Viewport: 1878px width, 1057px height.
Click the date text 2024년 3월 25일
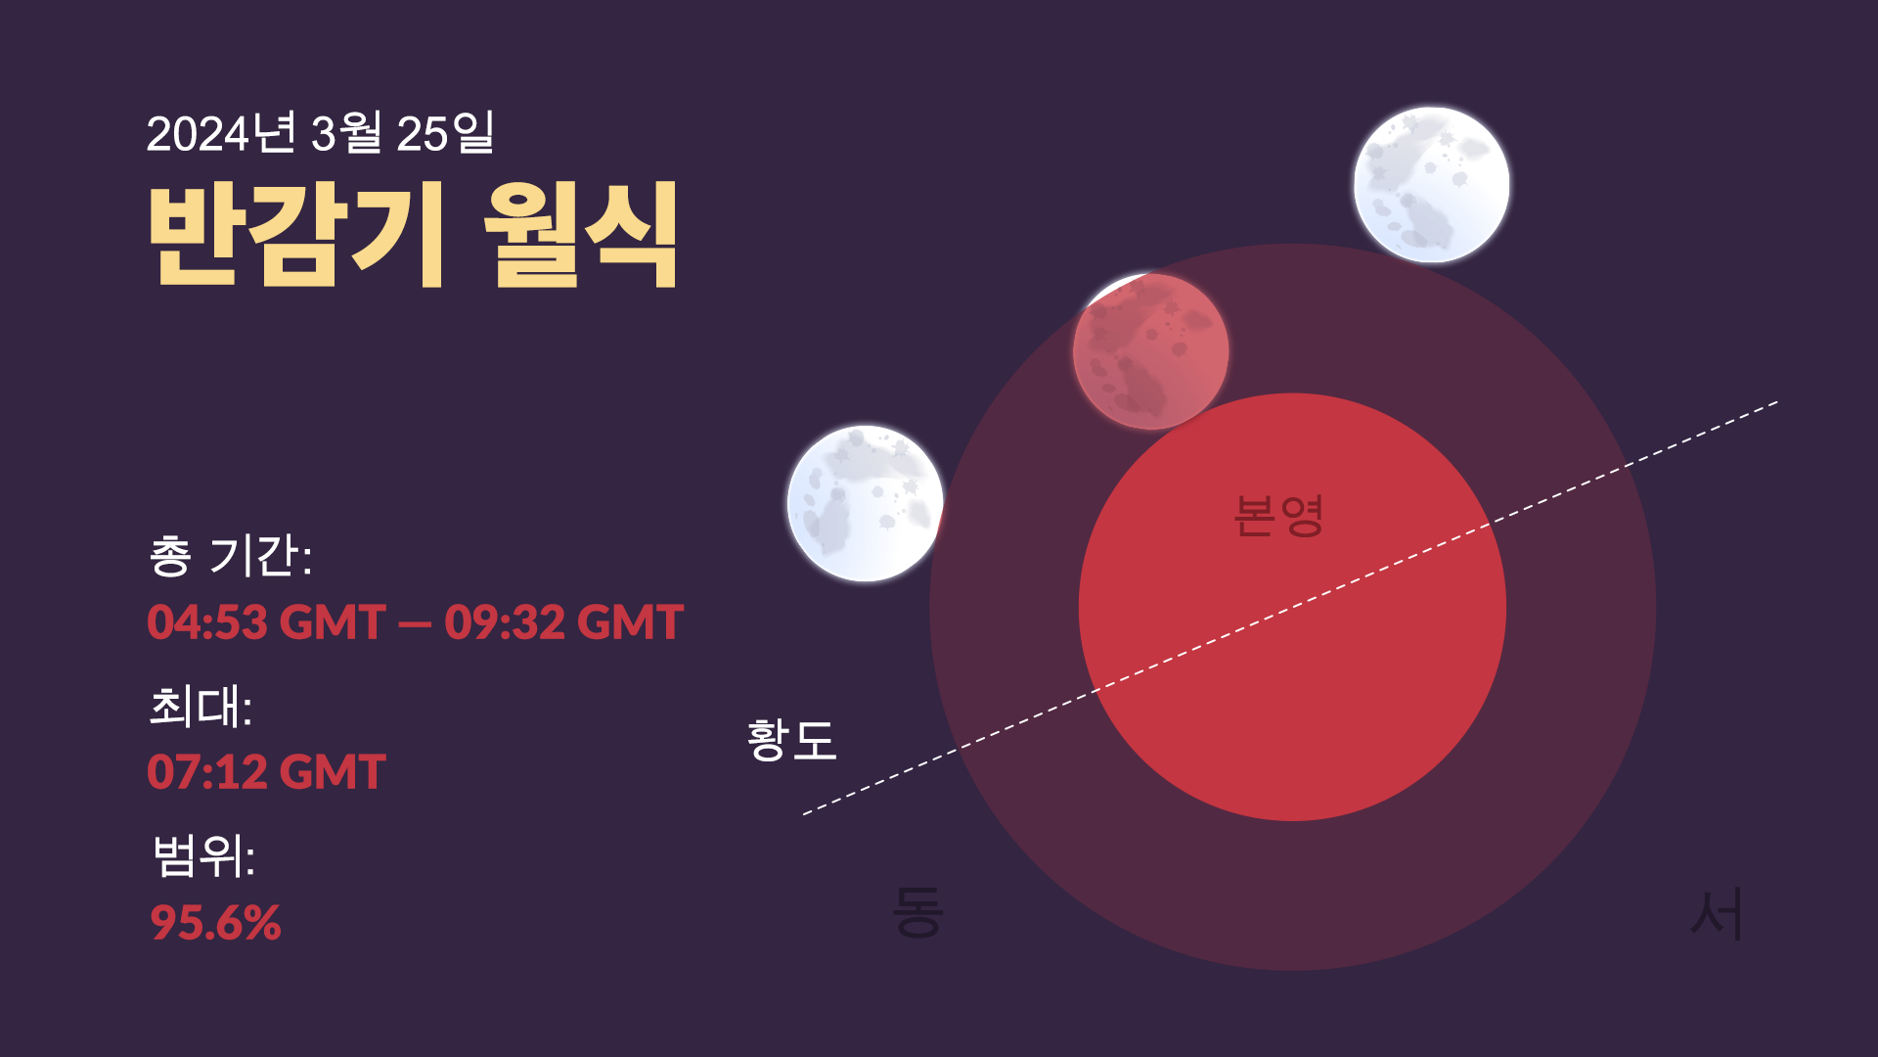point(320,133)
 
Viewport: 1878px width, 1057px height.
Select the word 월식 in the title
point(581,235)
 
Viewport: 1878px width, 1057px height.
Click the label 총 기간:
point(231,556)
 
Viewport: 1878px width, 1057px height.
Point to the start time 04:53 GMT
point(266,622)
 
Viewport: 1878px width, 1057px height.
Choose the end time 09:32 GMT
point(563,622)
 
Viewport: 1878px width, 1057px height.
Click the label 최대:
point(201,706)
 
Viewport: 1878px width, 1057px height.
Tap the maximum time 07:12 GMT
point(266,772)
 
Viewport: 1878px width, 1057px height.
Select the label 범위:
point(203,855)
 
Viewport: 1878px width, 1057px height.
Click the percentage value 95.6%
point(215,922)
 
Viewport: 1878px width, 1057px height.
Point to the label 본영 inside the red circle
point(1278,516)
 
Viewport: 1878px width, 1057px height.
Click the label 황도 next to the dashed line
point(790,739)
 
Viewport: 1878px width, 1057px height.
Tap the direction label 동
point(917,912)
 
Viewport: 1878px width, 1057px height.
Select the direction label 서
point(1718,914)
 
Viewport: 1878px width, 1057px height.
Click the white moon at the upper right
point(1431,185)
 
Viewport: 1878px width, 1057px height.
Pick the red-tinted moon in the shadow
point(1150,351)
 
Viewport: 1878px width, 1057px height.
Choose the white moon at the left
point(865,503)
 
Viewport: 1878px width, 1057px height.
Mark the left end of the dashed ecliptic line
point(803,813)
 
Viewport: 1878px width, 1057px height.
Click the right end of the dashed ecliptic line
point(1778,402)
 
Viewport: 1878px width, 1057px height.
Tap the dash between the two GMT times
point(415,624)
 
